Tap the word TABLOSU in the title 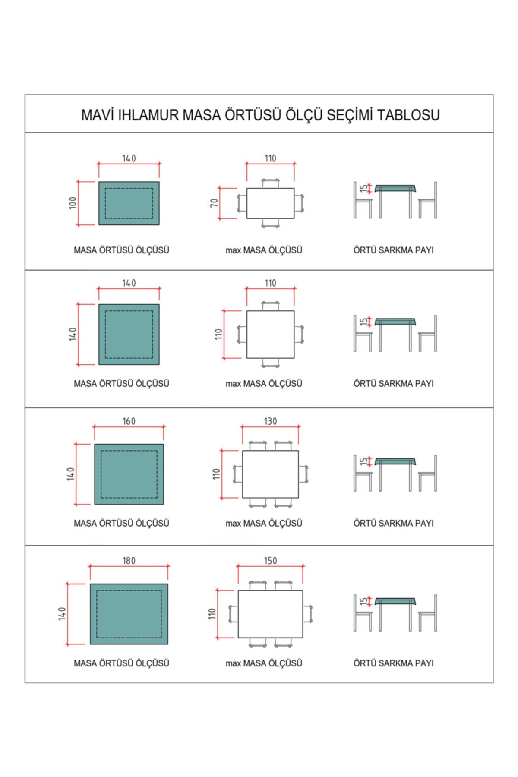pyautogui.click(x=408, y=115)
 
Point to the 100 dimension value pyautogui.click(x=73, y=203)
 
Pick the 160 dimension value pyautogui.click(x=129, y=421)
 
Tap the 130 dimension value pyautogui.click(x=270, y=421)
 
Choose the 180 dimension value pyautogui.click(x=129, y=561)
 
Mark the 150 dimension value pyautogui.click(x=270, y=561)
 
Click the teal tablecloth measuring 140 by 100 pyautogui.click(x=129, y=203)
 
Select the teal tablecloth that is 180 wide pyautogui.click(x=129, y=614)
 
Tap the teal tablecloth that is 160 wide pyautogui.click(x=129, y=474)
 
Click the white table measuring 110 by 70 pyautogui.click(x=270, y=203)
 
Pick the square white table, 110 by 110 pyautogui.click(x=270, y=334)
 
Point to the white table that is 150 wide pyautogui.click(x=270, y=614)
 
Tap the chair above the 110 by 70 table pyautogui.click(x=270, y=183)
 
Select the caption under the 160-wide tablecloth pyautogui.click(x=121, y=523)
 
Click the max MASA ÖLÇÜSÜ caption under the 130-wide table pyautogui.click(x=264, y=523)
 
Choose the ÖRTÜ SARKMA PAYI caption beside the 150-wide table pyautogui.click(x=393, y=663)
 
